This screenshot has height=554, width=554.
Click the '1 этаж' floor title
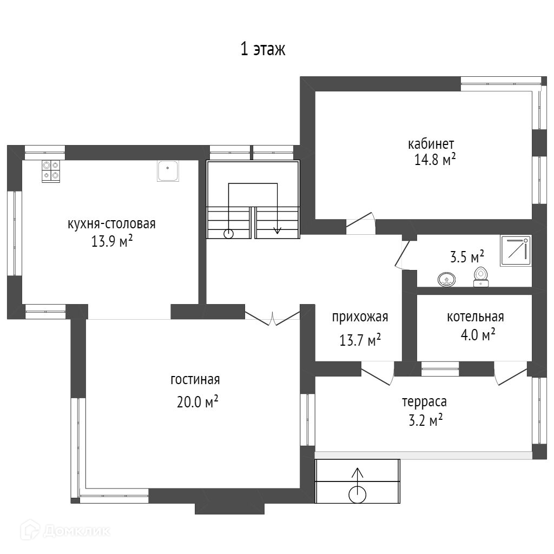pos(262,49)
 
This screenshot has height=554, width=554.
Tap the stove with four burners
pos(51,171)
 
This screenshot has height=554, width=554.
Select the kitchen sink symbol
pos(168,171)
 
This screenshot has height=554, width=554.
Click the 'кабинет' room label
pos(431,144)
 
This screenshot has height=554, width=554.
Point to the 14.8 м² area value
pos(435,160)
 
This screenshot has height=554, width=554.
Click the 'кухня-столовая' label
pos(111,224)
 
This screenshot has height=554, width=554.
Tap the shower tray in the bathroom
pos(516,251)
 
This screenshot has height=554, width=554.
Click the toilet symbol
pos(481,276)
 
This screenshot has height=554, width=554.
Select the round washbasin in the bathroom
pos(446,280)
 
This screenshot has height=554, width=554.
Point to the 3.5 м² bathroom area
pos(467,257)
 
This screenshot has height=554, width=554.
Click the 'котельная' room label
pos(475,317)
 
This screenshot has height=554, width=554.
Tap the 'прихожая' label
pos(360,317)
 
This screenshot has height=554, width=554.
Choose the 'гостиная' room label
pos(195,379)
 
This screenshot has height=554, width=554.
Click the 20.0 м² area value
pos(197,402)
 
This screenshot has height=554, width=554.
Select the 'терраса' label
pos(424,402)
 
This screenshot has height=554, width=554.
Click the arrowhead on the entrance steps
pos(358,472)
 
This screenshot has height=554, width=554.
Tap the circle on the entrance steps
pos(357,494)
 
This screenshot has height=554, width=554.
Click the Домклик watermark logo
pos(65,530)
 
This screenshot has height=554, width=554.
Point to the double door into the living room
pos(273,316)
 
